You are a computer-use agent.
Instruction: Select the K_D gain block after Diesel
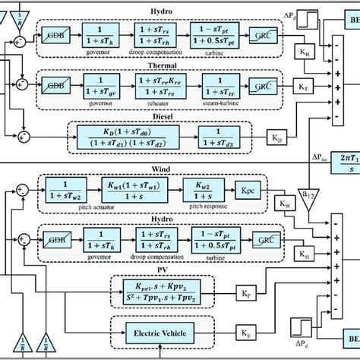coord(276,139)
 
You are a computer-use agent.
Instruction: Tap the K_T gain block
coord(304,88)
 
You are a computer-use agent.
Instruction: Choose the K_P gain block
coord(245,292)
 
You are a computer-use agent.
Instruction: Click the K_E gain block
coord(245,333)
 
